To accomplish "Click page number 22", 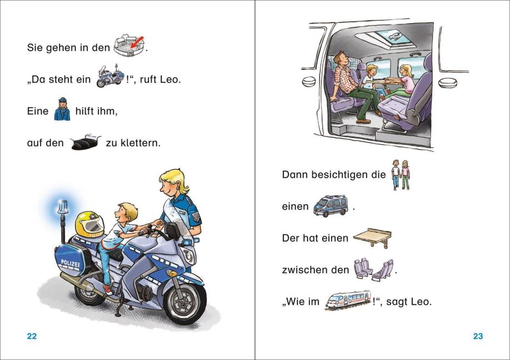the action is (x=32, y=336).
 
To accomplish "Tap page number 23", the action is (x=478, y=336).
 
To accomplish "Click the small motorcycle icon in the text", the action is (x=110, y=76).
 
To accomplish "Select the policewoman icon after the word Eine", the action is (x=62, y=109).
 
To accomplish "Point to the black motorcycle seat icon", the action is (x=85, y=142).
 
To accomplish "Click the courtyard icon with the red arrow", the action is (x=129, y=45).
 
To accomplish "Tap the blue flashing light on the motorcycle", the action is (x=63, y=207).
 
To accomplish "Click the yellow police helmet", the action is (x=89, y=224).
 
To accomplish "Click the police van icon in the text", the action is (x=331, y=206).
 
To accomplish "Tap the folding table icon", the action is (x=372, y=237).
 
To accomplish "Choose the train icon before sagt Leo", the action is (x=348, y=300).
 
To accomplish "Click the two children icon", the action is (x=401, y=174).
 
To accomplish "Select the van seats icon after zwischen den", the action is (x=373, y=269).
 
